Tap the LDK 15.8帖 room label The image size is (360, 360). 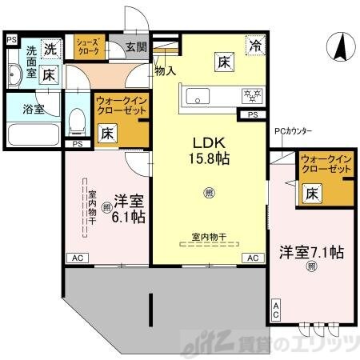(x=209, y=150)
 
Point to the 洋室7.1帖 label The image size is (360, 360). (x=311, y=253)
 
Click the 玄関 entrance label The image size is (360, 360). (x=136, y=47)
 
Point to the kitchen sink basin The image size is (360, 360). (x=197, y=97)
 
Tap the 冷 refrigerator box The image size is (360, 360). (x=254, y=46)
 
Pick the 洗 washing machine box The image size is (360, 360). (x=50, y=47)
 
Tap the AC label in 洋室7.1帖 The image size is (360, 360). (x=277, y=308)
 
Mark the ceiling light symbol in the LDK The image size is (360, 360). (x=209, y=193)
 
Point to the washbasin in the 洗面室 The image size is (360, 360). (x=14, y=78)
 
